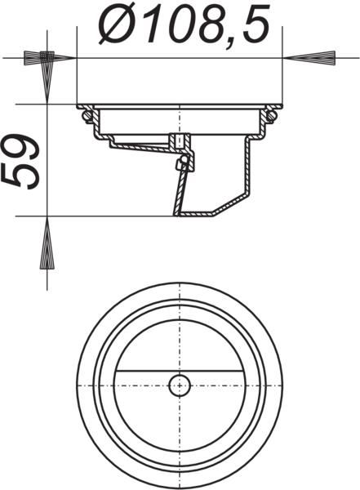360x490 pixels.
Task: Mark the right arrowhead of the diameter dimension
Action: [x=304, y=58]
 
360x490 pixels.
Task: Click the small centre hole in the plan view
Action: [x=180, y=385]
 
